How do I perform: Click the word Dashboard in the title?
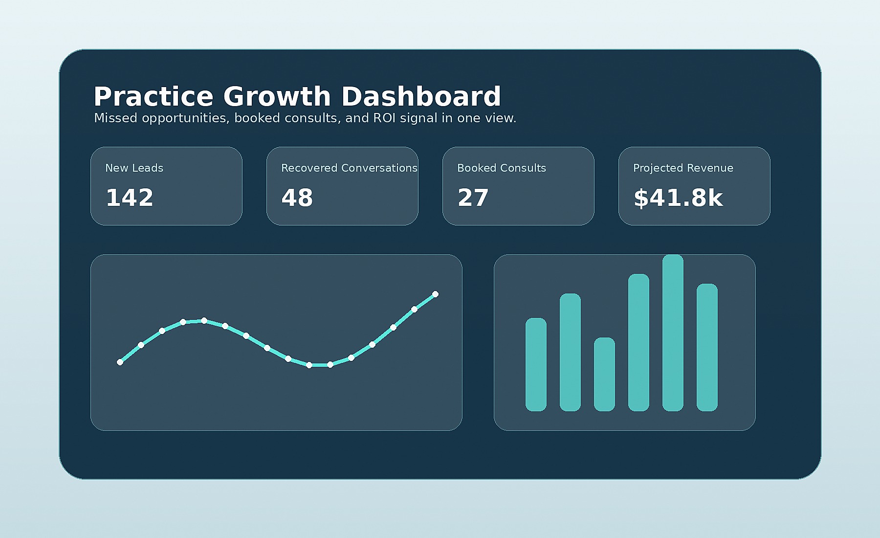point(421,96)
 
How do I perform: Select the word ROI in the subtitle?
point(385,118)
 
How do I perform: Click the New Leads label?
point(134,168)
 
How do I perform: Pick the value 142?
point(130,198)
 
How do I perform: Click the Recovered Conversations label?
point(349,168)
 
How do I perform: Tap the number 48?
point(297,198)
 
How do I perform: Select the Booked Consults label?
point(502,168)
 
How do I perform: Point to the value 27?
point(473,198)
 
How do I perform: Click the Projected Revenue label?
point(683,168)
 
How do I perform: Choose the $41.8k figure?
point(678,198)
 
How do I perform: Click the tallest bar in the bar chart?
point(673,333)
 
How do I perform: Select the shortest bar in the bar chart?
point(604,374)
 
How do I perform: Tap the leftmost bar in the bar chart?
point(536,364)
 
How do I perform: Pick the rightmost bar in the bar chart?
point(707,347)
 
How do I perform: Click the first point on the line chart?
point(120,362)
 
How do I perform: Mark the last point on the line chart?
point(435,294)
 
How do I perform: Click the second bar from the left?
point(570,352)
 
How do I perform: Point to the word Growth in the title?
point(277,96)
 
